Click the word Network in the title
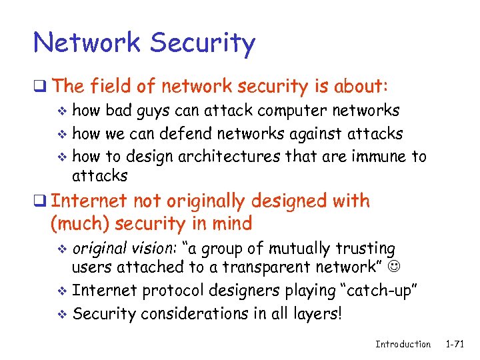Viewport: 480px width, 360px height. (x=87, y=43)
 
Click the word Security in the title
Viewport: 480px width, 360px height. (x=203, y=43)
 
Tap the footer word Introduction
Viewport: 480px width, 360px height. (x=403, y=344)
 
